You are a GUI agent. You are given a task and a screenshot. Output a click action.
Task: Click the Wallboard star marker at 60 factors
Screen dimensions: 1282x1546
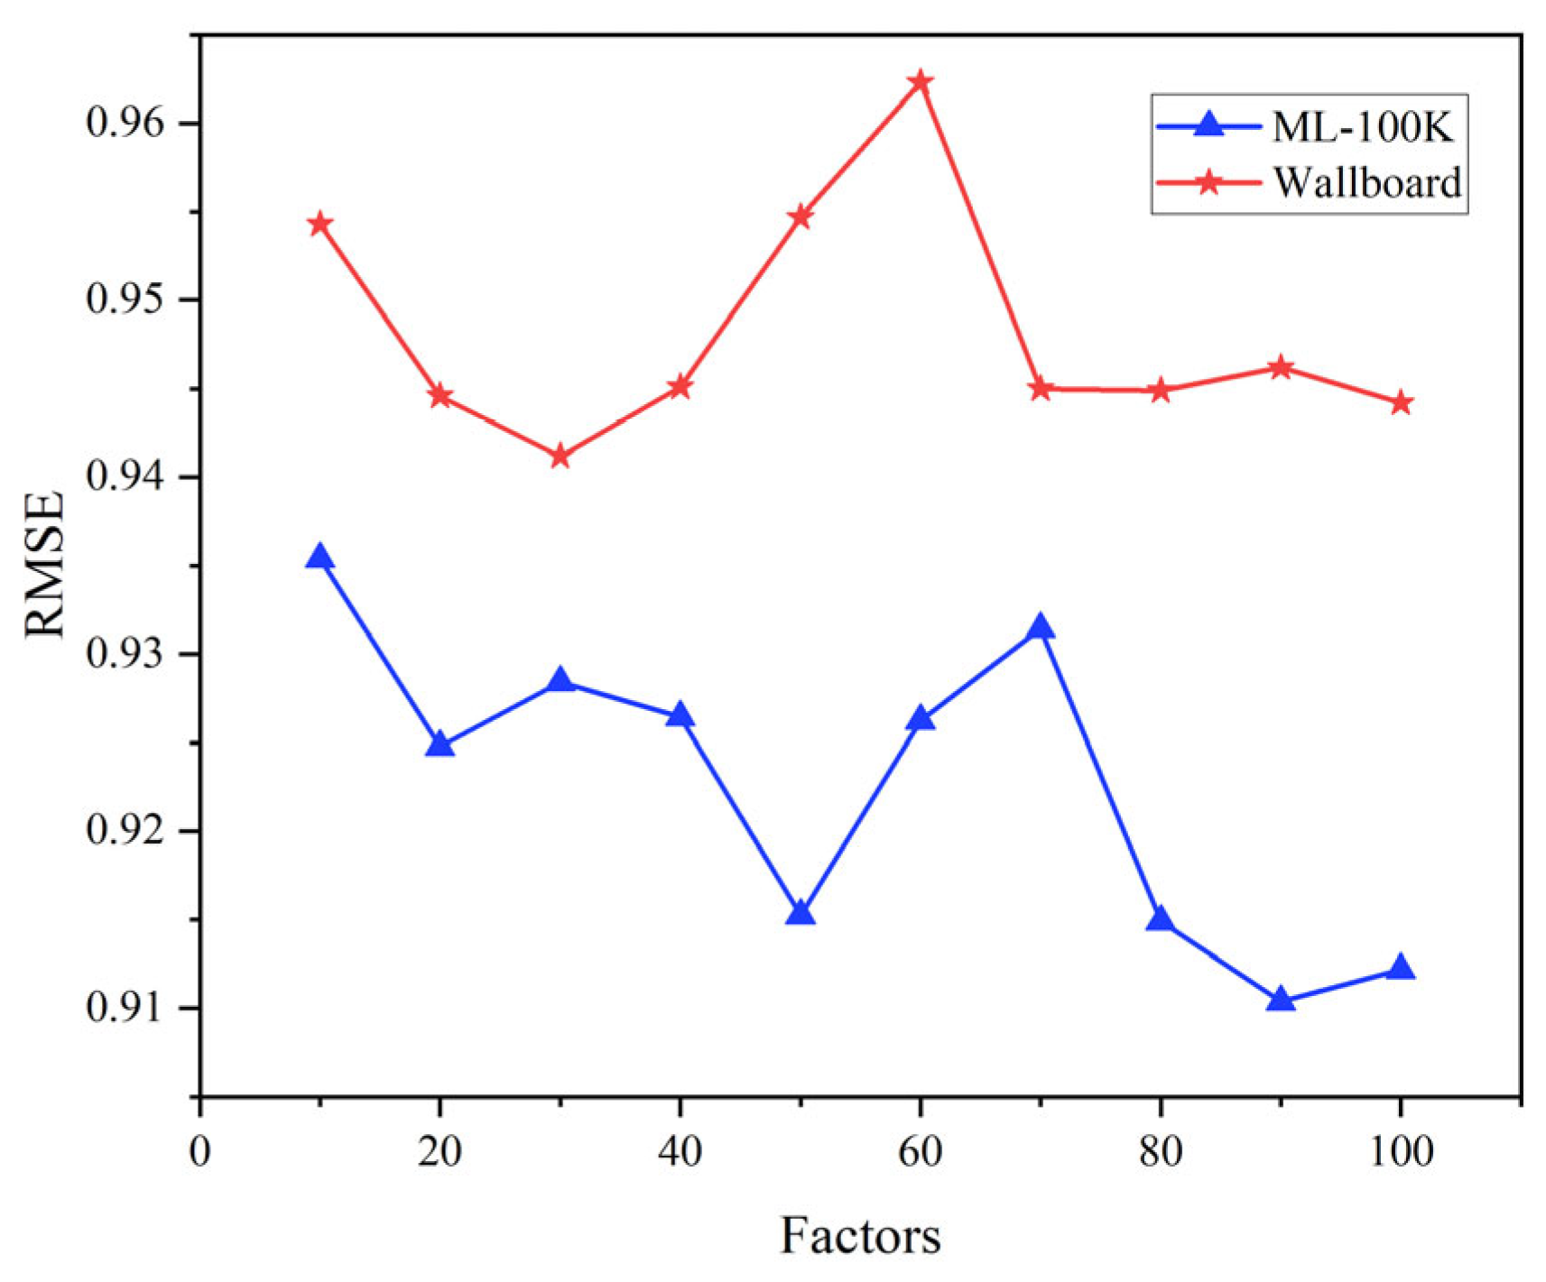pos(920,83)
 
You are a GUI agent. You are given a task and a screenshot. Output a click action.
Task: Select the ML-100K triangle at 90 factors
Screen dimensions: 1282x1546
pos(1280,1000)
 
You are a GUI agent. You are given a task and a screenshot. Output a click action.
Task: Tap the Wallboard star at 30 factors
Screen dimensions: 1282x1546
pos(560,457)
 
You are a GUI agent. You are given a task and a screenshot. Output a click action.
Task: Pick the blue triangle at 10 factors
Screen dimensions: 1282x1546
pos(319,558)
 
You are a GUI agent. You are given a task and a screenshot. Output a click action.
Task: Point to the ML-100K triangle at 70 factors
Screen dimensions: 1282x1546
pos(1040,627)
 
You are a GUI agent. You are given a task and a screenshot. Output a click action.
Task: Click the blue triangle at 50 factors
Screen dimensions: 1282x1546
pos(800,914)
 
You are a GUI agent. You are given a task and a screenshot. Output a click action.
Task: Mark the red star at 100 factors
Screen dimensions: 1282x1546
pos(1400,403)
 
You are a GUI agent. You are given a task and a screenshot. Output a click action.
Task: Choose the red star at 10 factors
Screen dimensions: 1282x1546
pos(319,224)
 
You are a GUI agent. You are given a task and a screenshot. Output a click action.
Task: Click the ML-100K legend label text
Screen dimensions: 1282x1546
pos(1362,127)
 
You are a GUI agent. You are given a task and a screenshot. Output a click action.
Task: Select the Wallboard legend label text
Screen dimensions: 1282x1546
pos(1366,182)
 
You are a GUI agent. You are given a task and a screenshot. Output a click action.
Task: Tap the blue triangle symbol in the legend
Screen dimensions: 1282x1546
pos(1208,125)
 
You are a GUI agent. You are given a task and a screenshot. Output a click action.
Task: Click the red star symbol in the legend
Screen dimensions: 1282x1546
pos(1208,182)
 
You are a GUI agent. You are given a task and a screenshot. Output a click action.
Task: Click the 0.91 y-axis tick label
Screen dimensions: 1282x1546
pos(126,1007)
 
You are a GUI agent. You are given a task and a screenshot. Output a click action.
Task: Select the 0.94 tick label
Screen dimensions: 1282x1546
pos(126,476)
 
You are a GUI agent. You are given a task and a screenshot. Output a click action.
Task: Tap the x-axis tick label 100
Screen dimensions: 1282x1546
pos(1400,1152)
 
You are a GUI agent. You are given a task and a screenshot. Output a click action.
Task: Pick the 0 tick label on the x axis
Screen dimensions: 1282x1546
pos(199,1152)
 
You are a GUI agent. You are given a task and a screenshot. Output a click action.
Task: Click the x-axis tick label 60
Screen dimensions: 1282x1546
pos(920,1152)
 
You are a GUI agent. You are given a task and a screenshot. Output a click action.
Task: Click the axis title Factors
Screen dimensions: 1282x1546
pos(859,1236)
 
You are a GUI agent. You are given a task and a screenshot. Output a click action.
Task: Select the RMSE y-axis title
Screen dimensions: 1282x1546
pos(45,565)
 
